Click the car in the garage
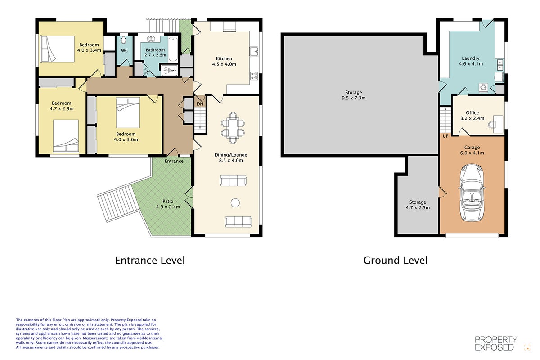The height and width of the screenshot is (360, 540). coord(472,193)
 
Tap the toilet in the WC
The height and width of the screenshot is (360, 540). coord(124,40)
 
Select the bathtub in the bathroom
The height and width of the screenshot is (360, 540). coord(173,49)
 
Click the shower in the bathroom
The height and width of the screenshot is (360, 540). coord(169,70)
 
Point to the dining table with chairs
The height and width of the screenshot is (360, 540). coord(233,128)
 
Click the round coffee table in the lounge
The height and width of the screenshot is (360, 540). coord(235,203)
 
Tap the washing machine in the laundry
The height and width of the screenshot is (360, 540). coord(484,88)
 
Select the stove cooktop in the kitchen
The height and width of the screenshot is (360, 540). coord(254,76)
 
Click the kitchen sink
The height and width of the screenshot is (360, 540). coord(254,51)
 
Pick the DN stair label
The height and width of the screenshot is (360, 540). coord(200,104)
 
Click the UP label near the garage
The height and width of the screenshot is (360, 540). coord(445,136)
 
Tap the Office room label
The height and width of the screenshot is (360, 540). coord(472,112)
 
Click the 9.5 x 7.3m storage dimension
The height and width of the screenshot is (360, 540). coord(354,98)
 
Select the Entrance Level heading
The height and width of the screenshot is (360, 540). coord(150,261)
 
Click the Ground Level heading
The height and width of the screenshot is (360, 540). coord(396,261)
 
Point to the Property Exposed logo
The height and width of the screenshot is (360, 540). coord(496,344)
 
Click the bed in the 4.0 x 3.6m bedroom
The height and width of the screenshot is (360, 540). coord(128,112)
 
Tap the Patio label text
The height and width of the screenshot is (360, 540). coord(168,201)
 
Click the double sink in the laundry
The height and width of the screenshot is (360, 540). coord(500,65)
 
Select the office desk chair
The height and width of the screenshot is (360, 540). coord(492,125)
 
